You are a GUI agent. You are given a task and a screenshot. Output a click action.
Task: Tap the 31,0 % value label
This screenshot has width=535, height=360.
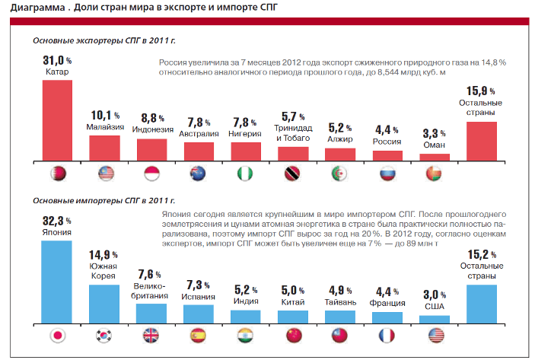coord(56,60)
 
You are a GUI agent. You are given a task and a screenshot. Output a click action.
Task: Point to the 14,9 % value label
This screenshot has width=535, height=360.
coord(104,254)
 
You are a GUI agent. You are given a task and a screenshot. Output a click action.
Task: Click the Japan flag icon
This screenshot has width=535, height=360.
coord(57,336)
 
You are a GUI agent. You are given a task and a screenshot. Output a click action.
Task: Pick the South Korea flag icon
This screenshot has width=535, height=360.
coord(104,336)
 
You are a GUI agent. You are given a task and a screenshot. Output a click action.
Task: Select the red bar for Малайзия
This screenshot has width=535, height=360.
coord(104,148)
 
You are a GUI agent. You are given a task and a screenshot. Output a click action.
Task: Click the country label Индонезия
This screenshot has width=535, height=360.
coord(151,129)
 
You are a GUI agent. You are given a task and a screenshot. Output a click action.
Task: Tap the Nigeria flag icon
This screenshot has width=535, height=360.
coord(246,173)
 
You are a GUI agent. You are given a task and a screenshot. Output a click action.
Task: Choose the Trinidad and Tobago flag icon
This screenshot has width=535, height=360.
coord(293,173)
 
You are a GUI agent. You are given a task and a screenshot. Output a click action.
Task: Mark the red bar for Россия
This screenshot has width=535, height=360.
coord(387,155)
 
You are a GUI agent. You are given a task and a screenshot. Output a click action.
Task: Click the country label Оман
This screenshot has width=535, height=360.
coord(435,145)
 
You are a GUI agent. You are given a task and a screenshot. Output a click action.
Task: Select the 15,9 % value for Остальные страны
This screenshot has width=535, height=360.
coord(480,91)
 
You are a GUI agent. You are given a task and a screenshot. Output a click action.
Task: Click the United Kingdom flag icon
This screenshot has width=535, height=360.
coord(151,336)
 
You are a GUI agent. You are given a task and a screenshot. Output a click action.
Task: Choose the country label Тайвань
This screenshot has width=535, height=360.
coord(340,301)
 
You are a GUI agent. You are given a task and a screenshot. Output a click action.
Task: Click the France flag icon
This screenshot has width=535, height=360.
coord(387,336)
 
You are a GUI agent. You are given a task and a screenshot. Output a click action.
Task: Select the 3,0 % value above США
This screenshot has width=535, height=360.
coord(435,295)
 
